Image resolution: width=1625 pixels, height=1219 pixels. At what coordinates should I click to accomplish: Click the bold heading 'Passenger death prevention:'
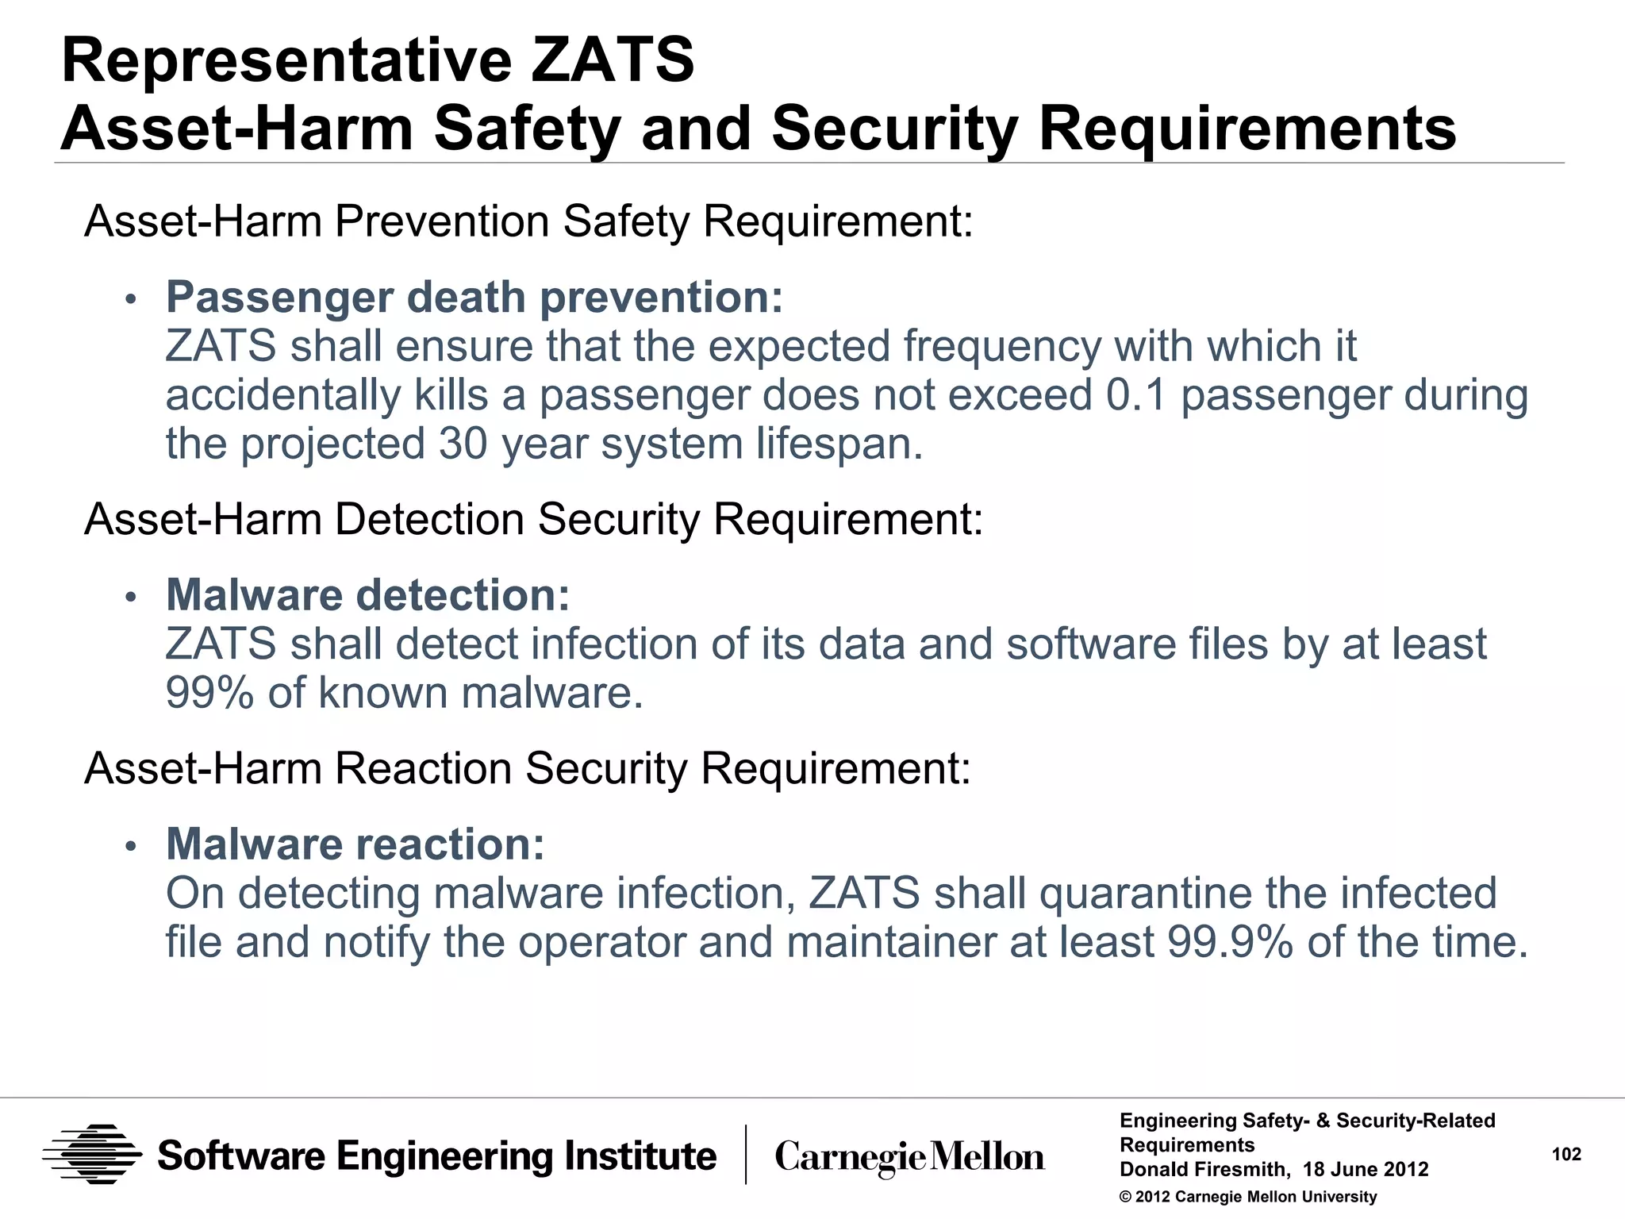tap(474, 298)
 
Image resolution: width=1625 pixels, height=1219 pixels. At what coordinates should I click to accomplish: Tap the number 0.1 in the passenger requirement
tap(1135, 395)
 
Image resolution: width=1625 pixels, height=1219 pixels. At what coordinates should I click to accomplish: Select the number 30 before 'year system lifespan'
tap(463, 444)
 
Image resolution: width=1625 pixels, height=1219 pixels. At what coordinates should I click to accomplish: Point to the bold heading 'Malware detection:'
tap(367, 595)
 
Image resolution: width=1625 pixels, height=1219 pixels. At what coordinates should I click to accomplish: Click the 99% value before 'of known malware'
tap(209, 693)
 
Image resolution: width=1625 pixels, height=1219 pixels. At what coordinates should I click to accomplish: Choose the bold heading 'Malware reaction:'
tap(355, 844)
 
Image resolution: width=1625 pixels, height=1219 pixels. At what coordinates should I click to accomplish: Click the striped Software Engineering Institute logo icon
tap(92, 1155)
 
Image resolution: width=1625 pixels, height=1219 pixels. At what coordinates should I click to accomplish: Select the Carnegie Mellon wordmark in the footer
tap(909, 1157)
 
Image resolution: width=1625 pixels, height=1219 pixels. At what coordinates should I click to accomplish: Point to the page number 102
tap(1566, 1154)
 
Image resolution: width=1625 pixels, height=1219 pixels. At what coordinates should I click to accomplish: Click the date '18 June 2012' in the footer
tap(1366, 1169)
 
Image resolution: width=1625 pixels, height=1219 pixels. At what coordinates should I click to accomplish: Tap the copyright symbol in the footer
tap(1125, 1197)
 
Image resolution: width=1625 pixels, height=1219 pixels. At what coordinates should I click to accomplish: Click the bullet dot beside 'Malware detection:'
tap(131, 597)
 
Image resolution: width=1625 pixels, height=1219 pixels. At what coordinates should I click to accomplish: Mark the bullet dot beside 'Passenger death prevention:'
tap(131, 299)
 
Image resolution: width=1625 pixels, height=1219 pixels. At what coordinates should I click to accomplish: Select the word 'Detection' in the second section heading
tap(428, 520)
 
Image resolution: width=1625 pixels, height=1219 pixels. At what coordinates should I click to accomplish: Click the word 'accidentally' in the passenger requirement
tap(283, 395)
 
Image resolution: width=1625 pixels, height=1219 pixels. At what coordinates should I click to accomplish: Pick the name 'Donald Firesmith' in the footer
tap(1203, 1169)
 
